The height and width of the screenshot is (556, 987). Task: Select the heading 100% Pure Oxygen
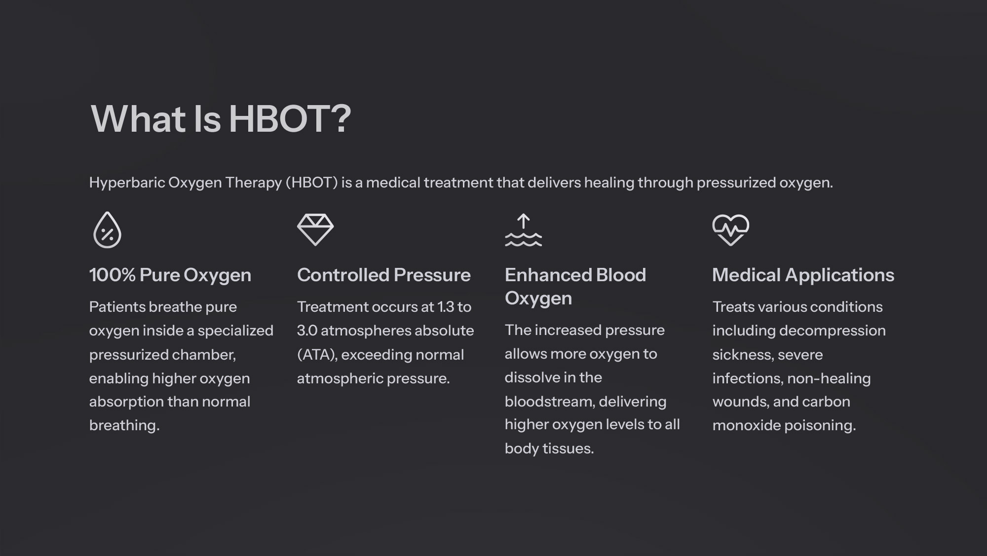[x=170, y=275]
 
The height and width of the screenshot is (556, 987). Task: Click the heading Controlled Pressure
[x=384, y=275]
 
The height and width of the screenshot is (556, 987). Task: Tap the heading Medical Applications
[x=803, y=275]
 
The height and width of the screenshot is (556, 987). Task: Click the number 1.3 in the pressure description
[x=446, y=307]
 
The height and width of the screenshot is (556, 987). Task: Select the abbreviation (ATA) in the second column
[x=317, y=355]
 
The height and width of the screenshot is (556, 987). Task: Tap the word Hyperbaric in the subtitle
[x=127, y=183]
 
